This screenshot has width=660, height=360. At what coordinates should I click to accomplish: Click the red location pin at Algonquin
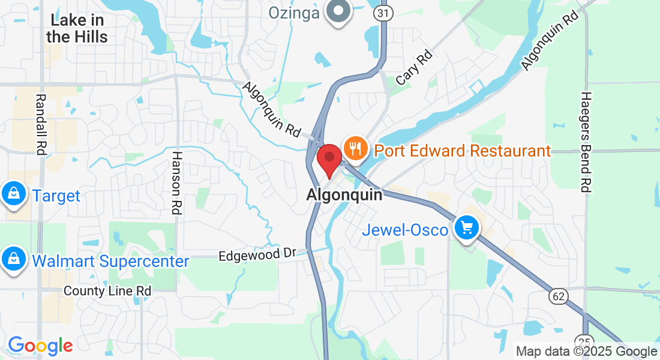pos(329,159)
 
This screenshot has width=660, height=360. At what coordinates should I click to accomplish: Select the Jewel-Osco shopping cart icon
pos(467,228)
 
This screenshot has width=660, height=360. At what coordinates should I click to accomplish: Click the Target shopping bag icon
pos(13,194)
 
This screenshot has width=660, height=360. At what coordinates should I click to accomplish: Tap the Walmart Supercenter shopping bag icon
pos(13,259)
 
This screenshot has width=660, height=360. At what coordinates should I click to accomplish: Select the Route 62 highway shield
pos(557,295)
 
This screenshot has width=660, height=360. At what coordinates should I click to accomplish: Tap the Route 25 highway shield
pos(586,339)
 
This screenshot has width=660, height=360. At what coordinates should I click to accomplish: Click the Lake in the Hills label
pos(77,28)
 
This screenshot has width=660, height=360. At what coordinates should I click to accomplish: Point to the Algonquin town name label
pos(344,195)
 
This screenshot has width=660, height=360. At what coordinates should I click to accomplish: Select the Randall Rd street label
pos(41,125)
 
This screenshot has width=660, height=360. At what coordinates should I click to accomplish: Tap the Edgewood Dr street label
pos(257,254)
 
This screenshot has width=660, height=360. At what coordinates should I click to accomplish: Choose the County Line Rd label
pos(107,290)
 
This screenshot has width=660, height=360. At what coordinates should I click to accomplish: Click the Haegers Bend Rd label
pos(587,142)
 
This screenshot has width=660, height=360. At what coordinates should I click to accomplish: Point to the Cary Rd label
pos(414,68)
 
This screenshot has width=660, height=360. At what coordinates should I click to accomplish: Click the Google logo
pos(40,346)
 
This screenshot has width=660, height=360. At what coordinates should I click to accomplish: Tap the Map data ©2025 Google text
pos(586,351)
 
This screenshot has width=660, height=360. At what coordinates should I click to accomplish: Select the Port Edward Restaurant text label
pos(463,151)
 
